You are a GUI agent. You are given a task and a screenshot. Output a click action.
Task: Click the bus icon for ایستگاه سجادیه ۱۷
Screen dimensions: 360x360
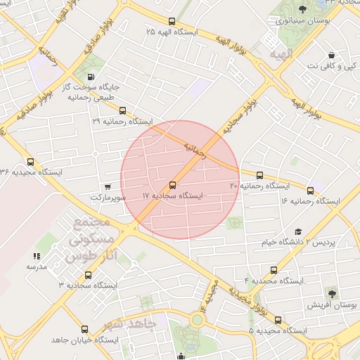(173, 185)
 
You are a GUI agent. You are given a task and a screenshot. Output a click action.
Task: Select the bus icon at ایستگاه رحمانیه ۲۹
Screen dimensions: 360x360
(123, 110)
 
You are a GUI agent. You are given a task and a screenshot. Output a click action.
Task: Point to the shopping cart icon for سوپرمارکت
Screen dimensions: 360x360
(107, 187)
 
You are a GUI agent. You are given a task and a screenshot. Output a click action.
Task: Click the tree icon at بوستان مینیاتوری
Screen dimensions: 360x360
(302, 9)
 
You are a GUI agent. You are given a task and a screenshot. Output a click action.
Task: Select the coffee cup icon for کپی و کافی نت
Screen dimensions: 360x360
(330, 55)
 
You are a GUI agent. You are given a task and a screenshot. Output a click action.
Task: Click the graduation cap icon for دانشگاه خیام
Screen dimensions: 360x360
(297, 231)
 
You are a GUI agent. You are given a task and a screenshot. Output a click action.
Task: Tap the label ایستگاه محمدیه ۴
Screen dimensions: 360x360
(274, 281)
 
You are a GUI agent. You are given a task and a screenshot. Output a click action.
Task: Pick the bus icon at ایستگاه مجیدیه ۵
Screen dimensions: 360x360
(278, 318)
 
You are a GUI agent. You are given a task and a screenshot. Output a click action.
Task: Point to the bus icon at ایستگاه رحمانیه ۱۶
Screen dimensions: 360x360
(310, 190)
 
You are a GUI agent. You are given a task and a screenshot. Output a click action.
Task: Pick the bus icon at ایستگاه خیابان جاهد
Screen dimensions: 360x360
(85, 328)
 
